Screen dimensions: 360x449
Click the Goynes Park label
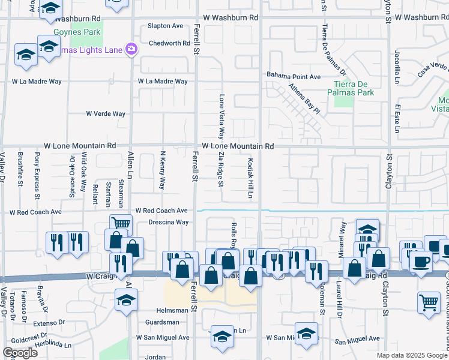coord(87,31)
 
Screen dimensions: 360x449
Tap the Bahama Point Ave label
coord(294,77)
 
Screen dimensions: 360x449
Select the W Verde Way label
coord(106,113)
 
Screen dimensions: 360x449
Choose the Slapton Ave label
coord(166,26)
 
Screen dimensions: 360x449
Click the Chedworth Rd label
coord(169,43)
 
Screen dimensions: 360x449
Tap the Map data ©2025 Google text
coord(412,355)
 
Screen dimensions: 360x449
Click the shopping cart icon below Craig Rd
coord(428,302)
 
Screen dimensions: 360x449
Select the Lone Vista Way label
coord(221,116)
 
